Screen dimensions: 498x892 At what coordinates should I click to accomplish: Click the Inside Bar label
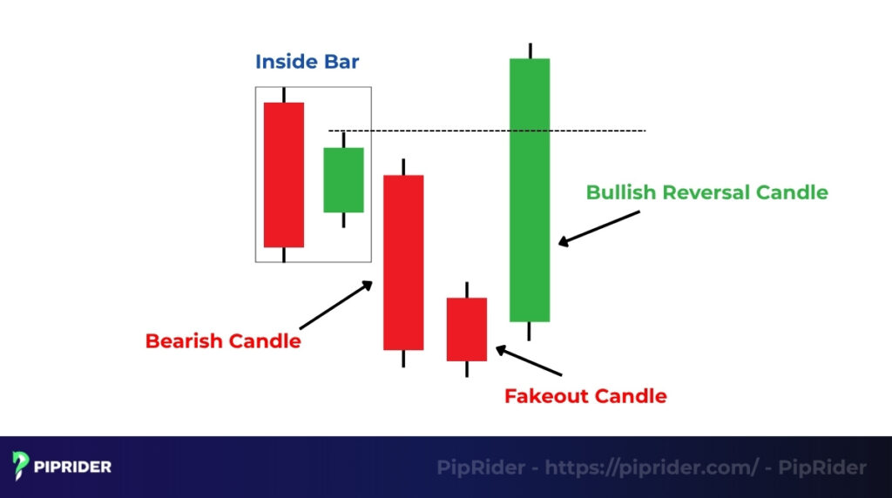(x=307, y=63)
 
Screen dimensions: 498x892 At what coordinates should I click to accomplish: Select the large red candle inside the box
(x=284, y=174)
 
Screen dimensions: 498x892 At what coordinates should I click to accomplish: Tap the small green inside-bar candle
(x=343, y=179)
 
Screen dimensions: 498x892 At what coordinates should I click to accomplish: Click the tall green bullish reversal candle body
(x=530, y=190)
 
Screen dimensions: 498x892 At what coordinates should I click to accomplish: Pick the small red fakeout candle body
(x=467, y=329)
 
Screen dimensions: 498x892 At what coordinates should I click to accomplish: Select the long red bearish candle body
(x=403, y=262)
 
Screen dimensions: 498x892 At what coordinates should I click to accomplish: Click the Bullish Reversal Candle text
(x=706, y=192)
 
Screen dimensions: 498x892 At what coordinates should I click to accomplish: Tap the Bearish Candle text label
(x=223, y=341)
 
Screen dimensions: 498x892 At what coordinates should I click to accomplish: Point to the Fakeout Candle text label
(x=585, y=396)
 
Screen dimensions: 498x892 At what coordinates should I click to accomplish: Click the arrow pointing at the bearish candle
(x=336, y=304)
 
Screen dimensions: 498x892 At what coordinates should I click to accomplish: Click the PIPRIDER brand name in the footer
(x=72, y=467)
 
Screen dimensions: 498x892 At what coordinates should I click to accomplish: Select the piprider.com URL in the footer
(x=652, y=468)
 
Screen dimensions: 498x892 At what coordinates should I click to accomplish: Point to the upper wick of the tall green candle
(x=530, y=50)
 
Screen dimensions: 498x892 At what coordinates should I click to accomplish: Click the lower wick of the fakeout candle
(x=467, y=369)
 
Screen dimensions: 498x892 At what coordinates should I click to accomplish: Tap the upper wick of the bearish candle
(x=403, y=166)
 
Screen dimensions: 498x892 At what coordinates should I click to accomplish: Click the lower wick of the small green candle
(x=343, y=220)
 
